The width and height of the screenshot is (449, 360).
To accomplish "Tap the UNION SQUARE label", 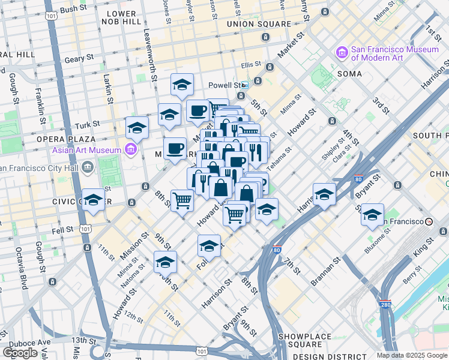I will (259, 24).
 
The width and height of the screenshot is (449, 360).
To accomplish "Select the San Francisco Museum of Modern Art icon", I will (342, 53).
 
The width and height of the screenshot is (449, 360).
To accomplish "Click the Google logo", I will (20, 353).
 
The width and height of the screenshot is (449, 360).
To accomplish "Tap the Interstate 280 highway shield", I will (385, 305).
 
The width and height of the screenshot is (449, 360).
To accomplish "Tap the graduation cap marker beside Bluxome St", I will (372, 214).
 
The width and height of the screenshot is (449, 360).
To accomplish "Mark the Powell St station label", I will (228, 85).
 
